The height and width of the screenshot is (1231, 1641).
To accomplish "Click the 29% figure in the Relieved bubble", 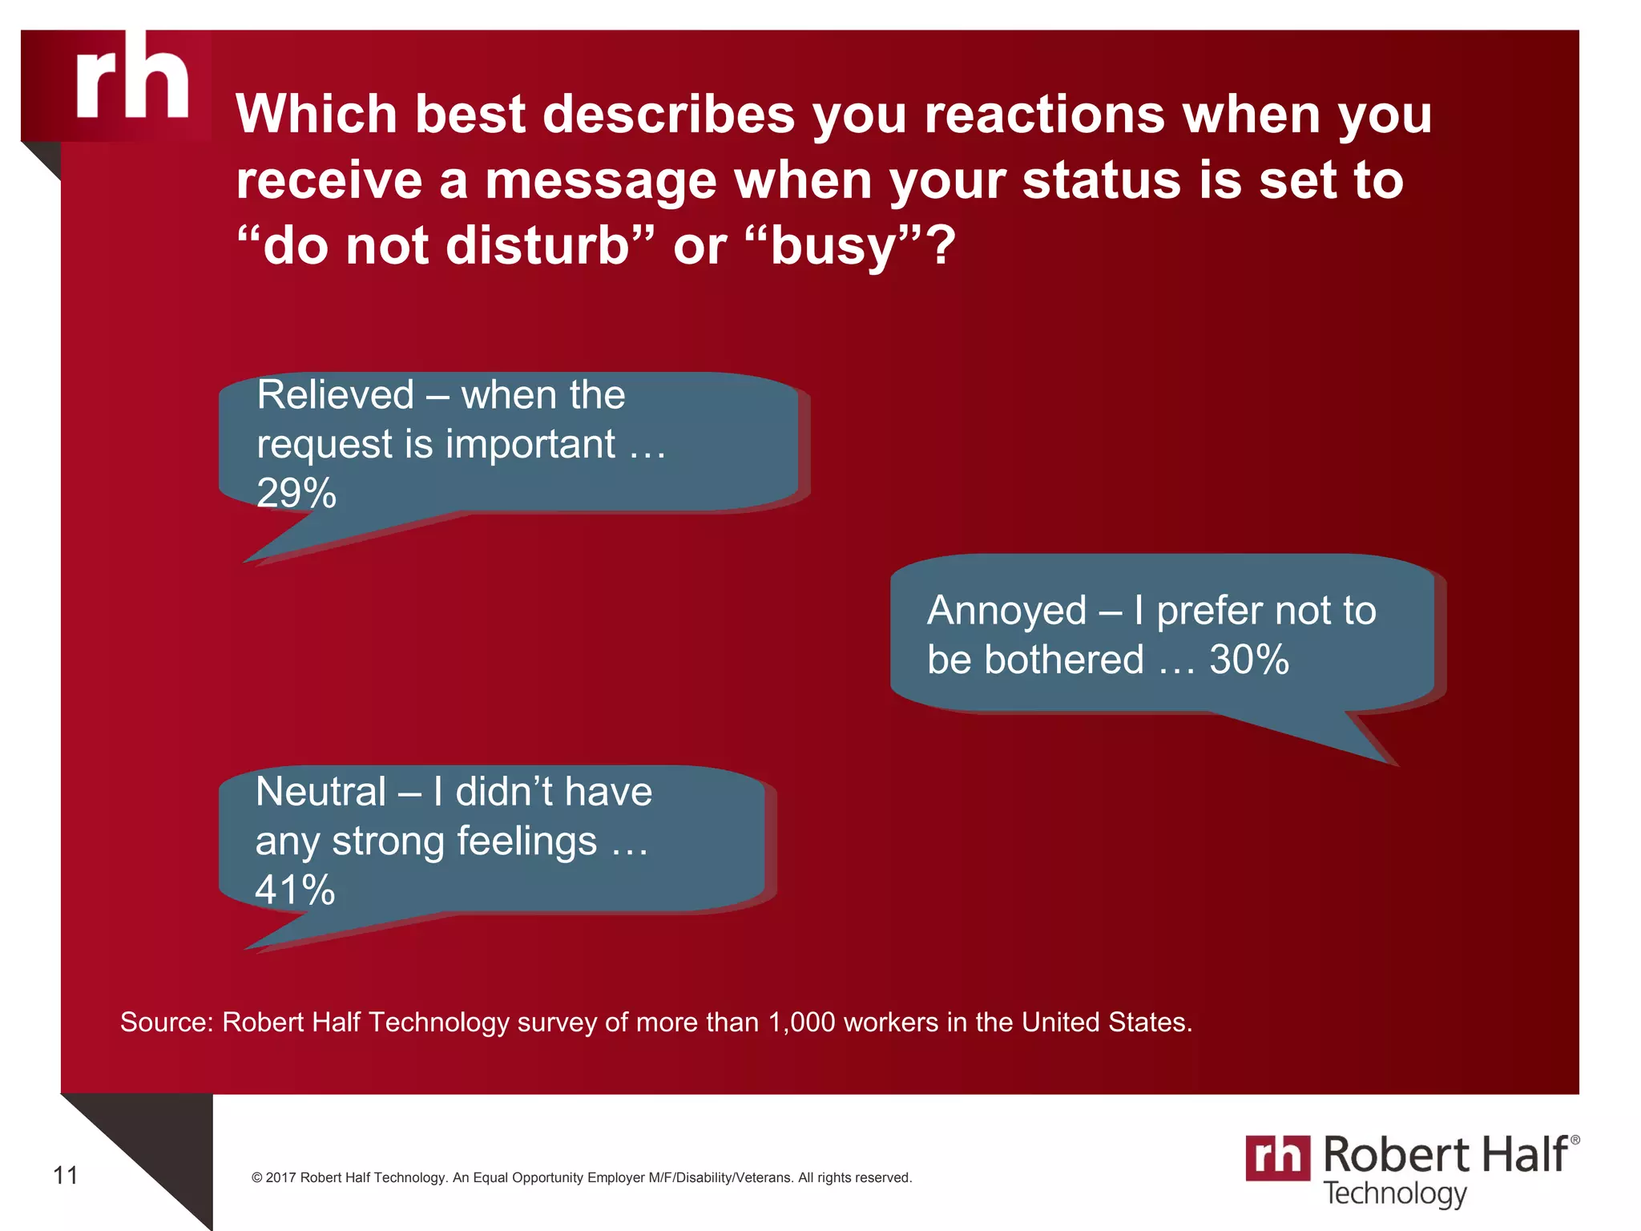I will click(x=296, y=493).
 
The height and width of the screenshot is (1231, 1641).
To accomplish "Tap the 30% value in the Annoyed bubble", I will click(x=1248, y=660).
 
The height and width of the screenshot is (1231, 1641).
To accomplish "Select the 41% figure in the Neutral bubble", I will click(x=295, y=890).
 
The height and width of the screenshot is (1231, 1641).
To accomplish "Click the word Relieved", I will click(x=336, y=395).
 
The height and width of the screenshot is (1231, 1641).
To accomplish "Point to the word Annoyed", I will click(x=1006, y=611).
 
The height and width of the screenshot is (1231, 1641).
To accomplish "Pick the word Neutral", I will click(x=321, y=792).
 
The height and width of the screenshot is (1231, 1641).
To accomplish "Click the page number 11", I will click(x=66, y=1176).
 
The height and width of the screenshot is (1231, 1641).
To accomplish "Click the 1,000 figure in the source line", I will click(x=801, y=1023).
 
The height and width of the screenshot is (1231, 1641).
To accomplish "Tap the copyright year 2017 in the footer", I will click(x=280, y=1177).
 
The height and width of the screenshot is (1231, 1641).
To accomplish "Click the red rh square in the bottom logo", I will click(x=1277, y=1157).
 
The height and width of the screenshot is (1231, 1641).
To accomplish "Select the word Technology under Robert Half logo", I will click(x=1394, y=1193).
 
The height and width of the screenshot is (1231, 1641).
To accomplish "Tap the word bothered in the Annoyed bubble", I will click(x=1063, y=660).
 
